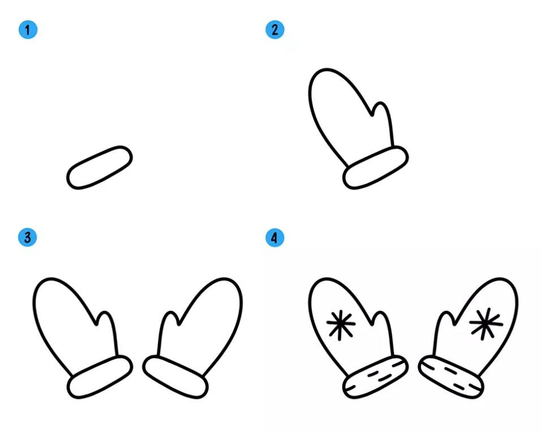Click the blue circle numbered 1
(x=28, y=29)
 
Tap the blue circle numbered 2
(x=274, y=29)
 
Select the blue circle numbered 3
(x=28, y=237)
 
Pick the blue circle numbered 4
(x=274, y=238)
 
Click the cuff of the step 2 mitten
(x=375, y=167)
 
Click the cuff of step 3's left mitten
(x=100, y=377)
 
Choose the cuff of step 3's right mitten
(x=175, y=377)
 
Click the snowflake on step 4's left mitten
(x=341, y=324)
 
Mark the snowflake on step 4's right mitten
(x=486, y=324)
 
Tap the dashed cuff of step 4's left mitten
(x=375, y=377)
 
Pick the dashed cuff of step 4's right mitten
(x=451, y=377)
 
